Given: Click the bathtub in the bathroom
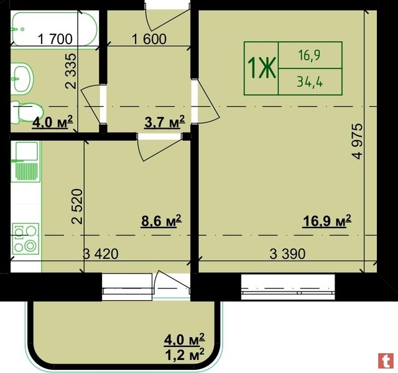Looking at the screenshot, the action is (x=54, y=29).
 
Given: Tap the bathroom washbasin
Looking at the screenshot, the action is (x=22, y=77).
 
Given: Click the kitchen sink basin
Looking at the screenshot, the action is (x=26, y=151).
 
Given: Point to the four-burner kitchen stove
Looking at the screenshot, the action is (x=25, y=239).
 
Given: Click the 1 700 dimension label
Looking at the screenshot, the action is (x=55, y=39).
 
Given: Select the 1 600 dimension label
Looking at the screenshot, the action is (x=149, y=39).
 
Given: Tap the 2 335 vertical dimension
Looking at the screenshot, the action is (x=70, y=71).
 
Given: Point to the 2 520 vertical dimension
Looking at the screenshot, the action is (x=77, y=206).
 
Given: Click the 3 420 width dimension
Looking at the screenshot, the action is (x=101, y=254).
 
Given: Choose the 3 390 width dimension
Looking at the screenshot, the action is (x=287, y=254).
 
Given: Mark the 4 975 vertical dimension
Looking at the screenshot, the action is (x=358, y=141).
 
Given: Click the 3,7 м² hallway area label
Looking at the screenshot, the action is (x=165, y=122).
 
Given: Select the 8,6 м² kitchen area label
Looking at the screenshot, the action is (x=162, y=221).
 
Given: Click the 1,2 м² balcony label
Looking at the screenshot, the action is (x=185, y=354).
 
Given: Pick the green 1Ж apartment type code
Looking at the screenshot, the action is (x=261, y=68).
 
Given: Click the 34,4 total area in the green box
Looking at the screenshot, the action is (x=310, y=82).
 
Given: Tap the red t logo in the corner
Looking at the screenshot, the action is (x=386, y=361).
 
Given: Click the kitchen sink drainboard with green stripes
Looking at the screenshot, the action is (x=26, y=172).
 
